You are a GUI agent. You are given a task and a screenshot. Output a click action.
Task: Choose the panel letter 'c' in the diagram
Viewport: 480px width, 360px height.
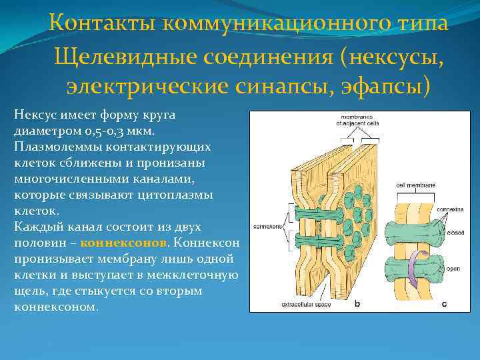point(444,305)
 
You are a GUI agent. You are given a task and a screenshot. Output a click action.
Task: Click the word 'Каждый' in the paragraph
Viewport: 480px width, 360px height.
point(33,227)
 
